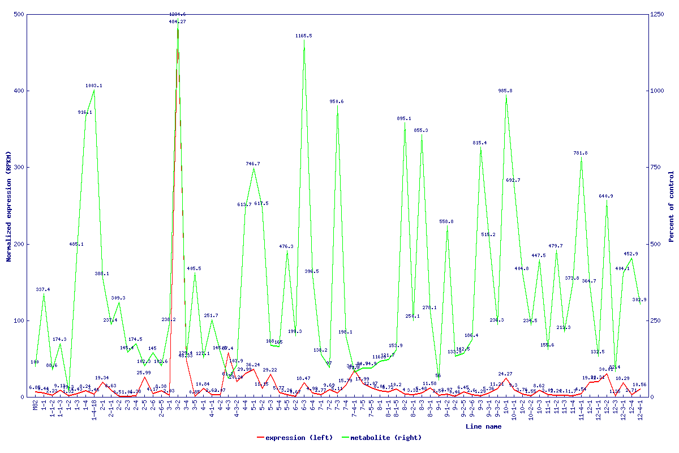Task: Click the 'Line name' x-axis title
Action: (x=483, y=426)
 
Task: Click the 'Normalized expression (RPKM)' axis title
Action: (x=9, y=207)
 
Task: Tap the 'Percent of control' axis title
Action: (x=671, y=207)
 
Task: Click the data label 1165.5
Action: (x=303, y=36)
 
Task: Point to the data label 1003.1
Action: (x=94, y=86)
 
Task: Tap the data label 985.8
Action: (x=505, y=91)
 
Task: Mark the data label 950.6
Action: (x=337, y=101)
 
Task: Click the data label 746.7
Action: (x=253, y=164)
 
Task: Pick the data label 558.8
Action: (x=446, y=221)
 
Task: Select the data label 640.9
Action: (x=606, y=196)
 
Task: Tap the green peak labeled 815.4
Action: (x=480, y=148)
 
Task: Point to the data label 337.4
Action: (x=43, y=289)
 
